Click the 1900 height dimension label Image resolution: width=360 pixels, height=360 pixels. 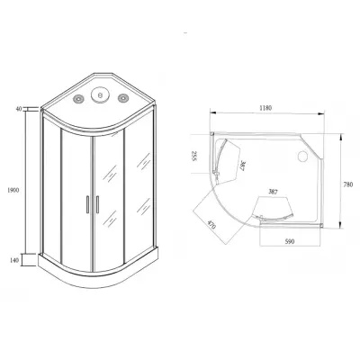[13, 190]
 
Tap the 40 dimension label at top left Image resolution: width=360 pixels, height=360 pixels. [19, 109]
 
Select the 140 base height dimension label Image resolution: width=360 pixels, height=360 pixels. [14, 260]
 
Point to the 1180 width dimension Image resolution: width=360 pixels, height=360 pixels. [265, 108]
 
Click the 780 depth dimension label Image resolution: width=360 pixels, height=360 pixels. [348, 184]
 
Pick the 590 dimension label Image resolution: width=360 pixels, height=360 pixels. [290, 241]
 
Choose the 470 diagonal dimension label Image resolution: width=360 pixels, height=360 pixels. [211, 225]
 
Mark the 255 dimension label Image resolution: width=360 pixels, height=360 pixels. [193, 156]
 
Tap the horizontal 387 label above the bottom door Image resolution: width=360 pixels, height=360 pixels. [273, 192]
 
